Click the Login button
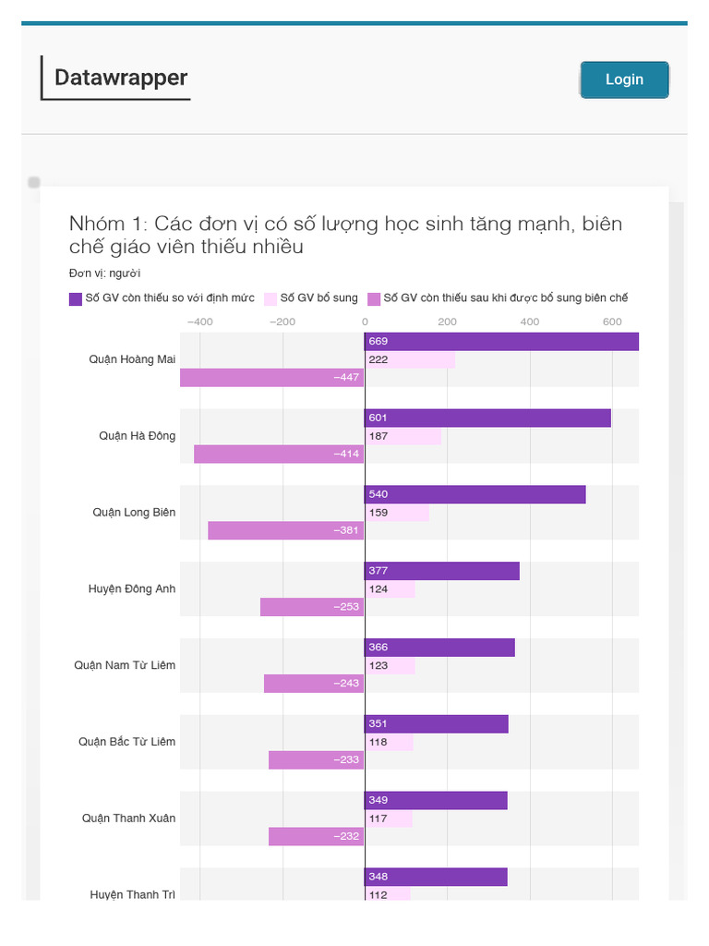click(x=624, y=79)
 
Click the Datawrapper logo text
click(x=121, y=78)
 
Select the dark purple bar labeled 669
click(x=501, y=342)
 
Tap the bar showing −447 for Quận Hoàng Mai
click(x=271, y=378)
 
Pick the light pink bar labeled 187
click(x=403, y=436)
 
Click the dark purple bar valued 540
click(x=475, y=494)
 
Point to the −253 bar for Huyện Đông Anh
click(x=312, y=607)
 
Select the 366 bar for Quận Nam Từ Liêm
click(x=439, y=648)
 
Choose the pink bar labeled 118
click(x=389, y=742)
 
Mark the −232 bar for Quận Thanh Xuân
click(x=316, y=837)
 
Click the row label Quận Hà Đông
click(x=137, y=436)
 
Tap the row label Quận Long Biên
click(x=134, y=513)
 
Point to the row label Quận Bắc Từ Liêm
click(x=126, y=742)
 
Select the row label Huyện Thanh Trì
click(x=132, y=894)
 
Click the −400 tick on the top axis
click(x=198, y=321)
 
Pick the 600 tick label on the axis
click(x=612, y=321)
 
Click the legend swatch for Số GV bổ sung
click(x=270, y=298)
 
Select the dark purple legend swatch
click(x=76, y=298)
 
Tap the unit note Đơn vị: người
click(x=104, y=273)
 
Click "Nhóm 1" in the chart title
click(x=106, y=224)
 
